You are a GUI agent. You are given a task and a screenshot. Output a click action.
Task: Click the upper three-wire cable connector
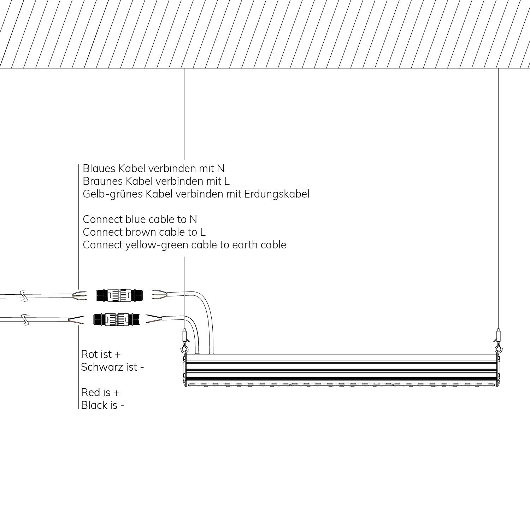120,295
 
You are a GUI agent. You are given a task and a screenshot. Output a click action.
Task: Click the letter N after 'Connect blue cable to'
193,219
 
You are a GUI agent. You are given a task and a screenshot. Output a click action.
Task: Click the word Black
94,405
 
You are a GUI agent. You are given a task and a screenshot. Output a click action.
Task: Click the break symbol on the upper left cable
24,296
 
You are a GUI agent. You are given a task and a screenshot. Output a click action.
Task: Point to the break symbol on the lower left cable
24,320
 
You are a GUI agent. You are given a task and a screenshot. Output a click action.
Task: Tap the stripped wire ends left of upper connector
79,296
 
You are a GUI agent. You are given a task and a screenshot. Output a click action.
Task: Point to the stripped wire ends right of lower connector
154,319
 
